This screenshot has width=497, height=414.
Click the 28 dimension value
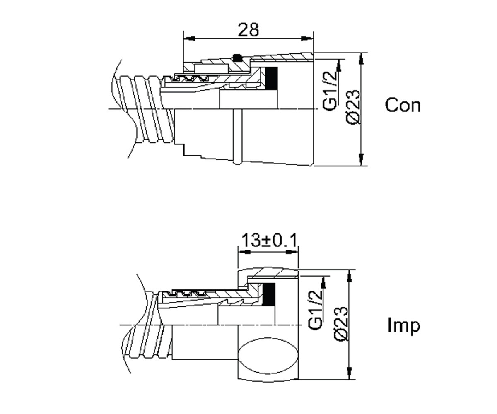point(248,30)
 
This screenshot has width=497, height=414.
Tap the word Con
point(403,105)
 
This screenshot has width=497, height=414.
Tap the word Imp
point(404,325)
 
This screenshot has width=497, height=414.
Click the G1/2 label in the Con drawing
point(330,91)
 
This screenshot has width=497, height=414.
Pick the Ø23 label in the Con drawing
point(352,107)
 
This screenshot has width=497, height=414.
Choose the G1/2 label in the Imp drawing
point(315,310)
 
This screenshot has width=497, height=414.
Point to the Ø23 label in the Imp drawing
point(340,325)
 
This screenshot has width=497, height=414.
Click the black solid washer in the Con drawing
point(271,78)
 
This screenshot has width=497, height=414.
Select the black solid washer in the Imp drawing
point(269,294)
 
